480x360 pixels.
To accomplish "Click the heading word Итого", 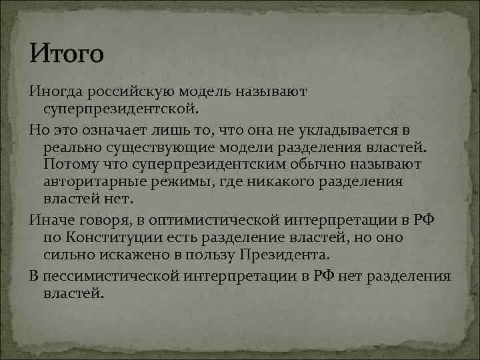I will click(x=66, y=53).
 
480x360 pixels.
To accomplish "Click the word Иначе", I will click(x=52, y=219).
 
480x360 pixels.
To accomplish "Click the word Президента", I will click(x=289, y=255).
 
